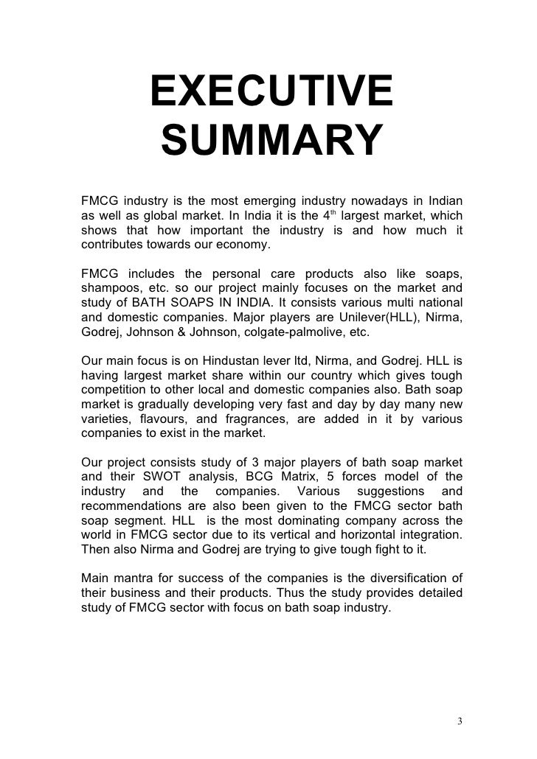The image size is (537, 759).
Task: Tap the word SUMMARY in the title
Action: click(x=271, y=141)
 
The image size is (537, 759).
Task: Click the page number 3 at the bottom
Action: click(x=460, y=721)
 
